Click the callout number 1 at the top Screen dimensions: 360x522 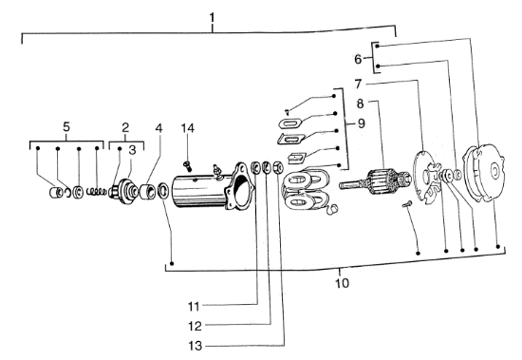point(213,17)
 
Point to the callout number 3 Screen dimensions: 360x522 point(133,149)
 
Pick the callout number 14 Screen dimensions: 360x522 point(188,126)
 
